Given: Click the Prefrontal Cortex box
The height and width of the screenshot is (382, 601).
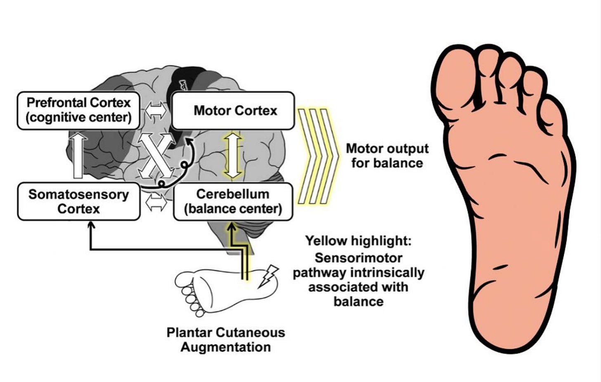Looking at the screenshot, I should pyautogui.click(x=78, y=110).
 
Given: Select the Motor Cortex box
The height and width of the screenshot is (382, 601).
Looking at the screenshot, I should pyautogui.click(x=233, y=111).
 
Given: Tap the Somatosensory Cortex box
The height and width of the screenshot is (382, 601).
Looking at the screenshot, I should pyautogui.click(x=78, y=202).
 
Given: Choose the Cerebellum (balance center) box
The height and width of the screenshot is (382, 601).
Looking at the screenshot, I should pyautogui.click(x=233, y=202).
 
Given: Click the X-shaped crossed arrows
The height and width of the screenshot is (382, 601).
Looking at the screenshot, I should pyautogui.click(x=156, y=156).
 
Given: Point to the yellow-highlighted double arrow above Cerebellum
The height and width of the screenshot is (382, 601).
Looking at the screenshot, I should pyautogui.click(x=233, y=155).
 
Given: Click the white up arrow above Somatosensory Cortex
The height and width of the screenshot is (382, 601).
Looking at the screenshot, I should pyautogui.click(x=78, y=155).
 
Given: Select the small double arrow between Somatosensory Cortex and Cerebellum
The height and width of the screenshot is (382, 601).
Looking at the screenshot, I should pyautogui.click(x=156, y=202).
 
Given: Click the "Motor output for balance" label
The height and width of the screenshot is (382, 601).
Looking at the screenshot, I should pyautogui.click(x=387, y=156).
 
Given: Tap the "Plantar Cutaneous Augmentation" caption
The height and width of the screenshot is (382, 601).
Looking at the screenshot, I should pyautogui.click(x=226, y=340).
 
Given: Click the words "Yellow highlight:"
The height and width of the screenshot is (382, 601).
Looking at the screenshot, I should pyautogui.click(x=358, y=241).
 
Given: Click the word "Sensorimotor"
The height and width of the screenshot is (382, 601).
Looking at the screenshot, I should pyautogui.click(x=358, y=258).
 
